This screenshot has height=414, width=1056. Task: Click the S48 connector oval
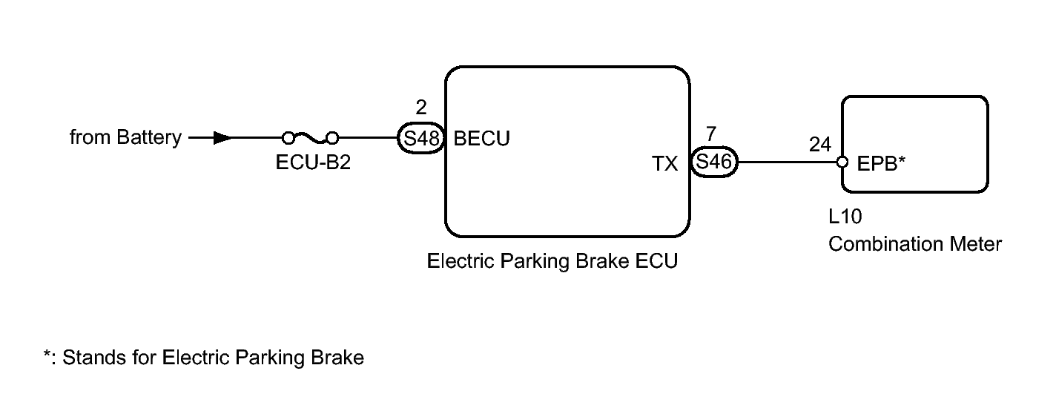[421, 138]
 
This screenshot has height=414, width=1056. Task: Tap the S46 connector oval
[713, 162]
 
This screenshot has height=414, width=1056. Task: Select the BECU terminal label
[481, 139]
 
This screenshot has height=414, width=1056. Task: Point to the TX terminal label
[664, 164]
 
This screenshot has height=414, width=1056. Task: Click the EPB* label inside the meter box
[881, 163]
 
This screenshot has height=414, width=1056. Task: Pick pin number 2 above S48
[421, 108]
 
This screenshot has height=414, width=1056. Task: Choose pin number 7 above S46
[711, 134]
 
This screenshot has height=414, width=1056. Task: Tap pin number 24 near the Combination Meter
[820, 144]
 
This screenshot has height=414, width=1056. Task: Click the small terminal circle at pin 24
[842, 162]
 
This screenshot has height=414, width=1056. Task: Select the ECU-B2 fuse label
[313, 162]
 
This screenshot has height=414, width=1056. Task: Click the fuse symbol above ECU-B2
[310, 138]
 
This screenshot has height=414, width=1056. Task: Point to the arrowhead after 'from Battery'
[222, 138]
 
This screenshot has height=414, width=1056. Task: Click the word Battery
[149, 138]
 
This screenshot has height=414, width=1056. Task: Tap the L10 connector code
[845, 217]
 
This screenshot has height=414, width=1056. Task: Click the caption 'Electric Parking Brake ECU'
[552, 261]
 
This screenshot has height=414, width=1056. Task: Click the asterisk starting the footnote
[47, 353]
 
